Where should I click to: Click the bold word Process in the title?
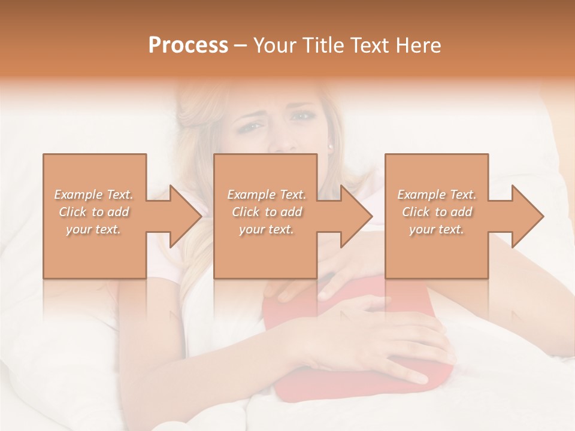tap(188, 45)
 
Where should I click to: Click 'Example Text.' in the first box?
tap(94, 195)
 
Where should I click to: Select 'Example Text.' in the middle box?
tap(267, 195)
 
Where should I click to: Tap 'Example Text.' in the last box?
tap(437, 195)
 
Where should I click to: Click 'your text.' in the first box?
tap(93, 229)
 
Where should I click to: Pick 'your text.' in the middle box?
tap(267, 229)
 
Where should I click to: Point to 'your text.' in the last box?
tap(437, 229)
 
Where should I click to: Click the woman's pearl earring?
tap(331, 145)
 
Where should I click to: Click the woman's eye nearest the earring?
tap(304, 116)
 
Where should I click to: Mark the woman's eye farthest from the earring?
tap(252, 126)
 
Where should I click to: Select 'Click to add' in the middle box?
tap(267, 212)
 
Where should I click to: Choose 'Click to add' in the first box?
tap(94, 212)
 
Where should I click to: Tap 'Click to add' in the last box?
tap(437, 212)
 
